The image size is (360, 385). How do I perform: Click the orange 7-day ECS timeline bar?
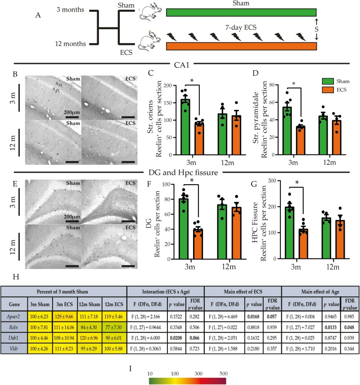241,46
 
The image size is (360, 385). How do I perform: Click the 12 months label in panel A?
72,44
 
